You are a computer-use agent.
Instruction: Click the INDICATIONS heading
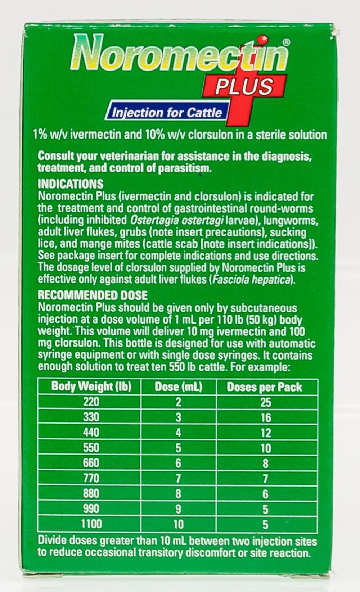tap(71, 184)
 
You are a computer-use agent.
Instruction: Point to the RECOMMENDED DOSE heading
tap(93, 295)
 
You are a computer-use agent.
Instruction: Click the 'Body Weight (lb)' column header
tap(91, 387)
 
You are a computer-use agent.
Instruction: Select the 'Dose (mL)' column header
tap(179, 387)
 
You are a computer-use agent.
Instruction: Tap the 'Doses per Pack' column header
tap(265, 387)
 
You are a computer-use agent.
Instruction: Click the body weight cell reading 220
tap(91, 402)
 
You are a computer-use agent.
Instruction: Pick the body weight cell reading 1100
tap(91, 524)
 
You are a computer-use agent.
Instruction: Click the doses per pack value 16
tap(265, 417)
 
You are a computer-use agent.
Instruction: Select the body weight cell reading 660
tap(91, 463)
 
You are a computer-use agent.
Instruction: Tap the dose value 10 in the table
tap(179, 524)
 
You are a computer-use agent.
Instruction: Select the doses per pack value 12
tap(265, 433)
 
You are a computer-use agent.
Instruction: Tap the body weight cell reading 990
tap(91, 509)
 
